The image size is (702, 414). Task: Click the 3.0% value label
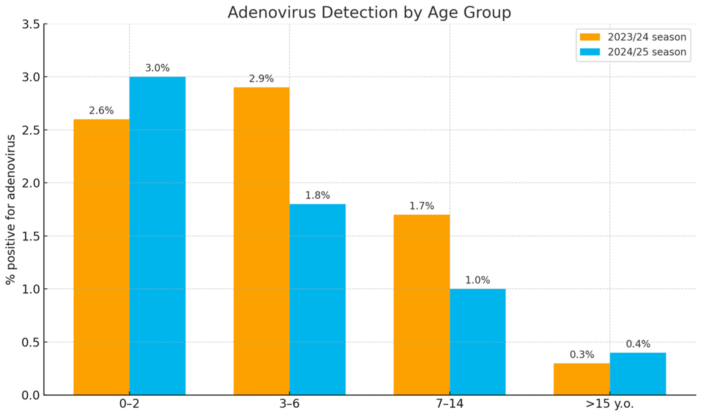click(157, 68)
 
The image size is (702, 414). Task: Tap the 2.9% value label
click(261, 79)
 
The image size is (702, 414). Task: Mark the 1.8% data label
click(317, 195)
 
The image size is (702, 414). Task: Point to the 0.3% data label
click(582, 354)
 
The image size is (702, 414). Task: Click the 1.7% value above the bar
click(421, 206)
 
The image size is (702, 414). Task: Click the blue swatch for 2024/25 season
click(590, 52)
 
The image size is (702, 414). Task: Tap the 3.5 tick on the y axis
click(31, 24)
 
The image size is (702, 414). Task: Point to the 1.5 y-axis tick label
click(31, 236)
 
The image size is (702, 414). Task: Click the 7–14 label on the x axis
click(449, 404)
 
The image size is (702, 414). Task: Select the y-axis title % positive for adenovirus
click(11, 209)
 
